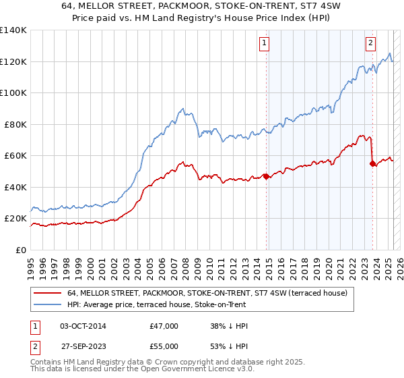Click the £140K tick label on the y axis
click(x=13, y=30)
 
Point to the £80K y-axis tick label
click(x=15, y=124)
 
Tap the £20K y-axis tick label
click(x=15, y=219)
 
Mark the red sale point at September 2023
click(x=372, y=163)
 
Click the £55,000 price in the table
click(x=164, y=345)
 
